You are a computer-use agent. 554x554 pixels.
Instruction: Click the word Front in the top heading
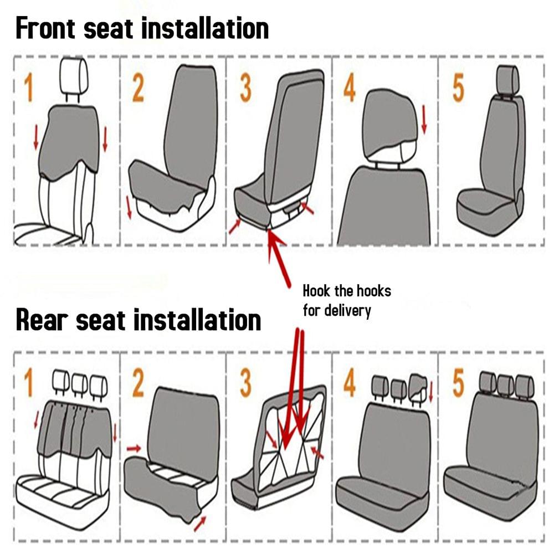(46, 28)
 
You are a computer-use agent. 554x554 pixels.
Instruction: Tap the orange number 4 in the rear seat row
(349, 383)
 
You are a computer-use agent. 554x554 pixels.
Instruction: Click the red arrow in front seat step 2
(129, 206)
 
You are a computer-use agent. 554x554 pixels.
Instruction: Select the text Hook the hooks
(347, 291)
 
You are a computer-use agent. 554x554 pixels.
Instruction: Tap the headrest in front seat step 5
(508, 81)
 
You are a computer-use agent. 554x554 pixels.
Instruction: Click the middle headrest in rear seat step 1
(79, 382)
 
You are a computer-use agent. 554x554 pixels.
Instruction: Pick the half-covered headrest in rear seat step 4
(418, 386)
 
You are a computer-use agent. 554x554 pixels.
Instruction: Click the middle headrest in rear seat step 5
(505, 384)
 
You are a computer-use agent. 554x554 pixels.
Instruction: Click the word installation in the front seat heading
(205, 28)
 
